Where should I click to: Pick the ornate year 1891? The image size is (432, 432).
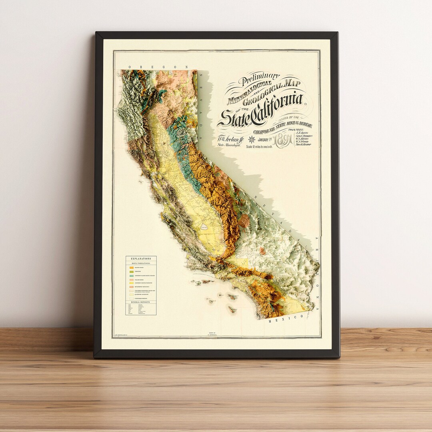[x=284, y=140]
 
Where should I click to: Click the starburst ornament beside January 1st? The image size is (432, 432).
[x=252, y=140]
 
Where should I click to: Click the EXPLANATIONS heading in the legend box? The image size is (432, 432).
[x=141, y=259]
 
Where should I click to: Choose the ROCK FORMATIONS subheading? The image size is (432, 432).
[x=141, y=263]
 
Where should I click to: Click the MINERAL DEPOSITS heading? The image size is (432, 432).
[x=141, y=302]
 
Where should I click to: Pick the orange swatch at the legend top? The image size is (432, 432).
[x=131, y=267]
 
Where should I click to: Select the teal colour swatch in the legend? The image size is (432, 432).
[x=131, y=276]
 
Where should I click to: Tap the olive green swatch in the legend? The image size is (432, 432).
[x=131, y=272]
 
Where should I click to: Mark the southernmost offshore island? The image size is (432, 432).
[x=232, y=309]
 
